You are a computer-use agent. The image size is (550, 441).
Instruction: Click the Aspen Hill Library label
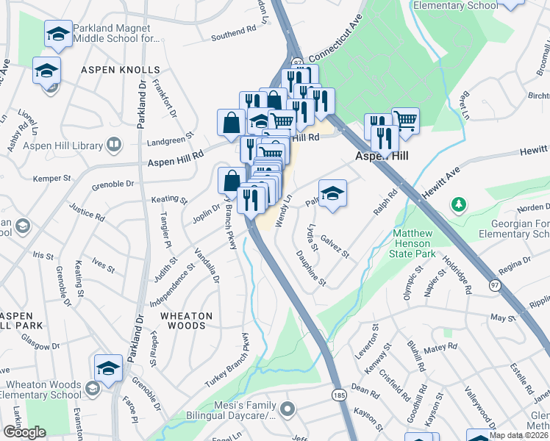(63, 146)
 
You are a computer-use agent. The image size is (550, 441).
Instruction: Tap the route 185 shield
(337, 395)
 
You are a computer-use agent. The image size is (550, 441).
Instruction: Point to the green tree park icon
(459, 203)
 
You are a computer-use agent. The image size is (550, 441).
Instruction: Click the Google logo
(24, 432)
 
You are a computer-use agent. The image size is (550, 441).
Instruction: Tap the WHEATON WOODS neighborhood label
(187, 320)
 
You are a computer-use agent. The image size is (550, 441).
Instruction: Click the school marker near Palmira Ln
(332, 193)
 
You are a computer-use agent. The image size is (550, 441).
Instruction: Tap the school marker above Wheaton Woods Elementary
(108, 368)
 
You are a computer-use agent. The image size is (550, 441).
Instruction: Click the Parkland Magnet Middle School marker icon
(59, 34)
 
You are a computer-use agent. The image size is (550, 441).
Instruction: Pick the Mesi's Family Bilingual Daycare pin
(287, 408)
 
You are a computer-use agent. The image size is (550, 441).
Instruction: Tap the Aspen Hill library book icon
(113, 144)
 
